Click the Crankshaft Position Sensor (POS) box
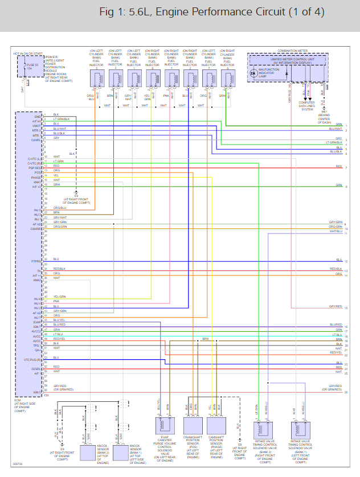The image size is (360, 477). [193, 424]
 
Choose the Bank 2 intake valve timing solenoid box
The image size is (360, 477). [263, 429]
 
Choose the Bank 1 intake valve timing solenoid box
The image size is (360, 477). [301, 429]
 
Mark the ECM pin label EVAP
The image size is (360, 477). [37, 322]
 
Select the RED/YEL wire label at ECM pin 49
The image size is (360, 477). [59, 339]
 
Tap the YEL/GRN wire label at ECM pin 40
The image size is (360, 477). [59, 297]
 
